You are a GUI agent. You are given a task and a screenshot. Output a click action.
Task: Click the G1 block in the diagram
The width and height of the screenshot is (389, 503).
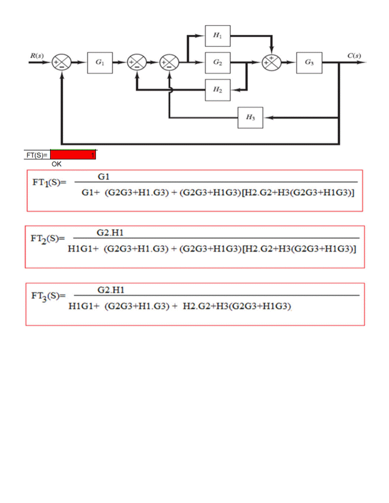[100, 62]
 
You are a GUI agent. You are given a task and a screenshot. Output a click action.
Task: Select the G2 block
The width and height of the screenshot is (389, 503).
[217, 62]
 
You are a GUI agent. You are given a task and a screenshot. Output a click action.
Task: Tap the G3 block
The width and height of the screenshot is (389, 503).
[308, 62]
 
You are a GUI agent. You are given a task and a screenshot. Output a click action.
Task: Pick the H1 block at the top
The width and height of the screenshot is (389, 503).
[217, 35]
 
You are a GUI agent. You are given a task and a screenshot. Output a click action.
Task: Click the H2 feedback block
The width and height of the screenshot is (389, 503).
[217, 90]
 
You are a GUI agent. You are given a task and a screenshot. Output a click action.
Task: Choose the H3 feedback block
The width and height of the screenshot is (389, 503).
[250, 118]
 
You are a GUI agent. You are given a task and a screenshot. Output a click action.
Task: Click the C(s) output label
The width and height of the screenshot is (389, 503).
[354, 55]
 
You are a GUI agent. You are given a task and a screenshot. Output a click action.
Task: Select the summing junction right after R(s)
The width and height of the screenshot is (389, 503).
[62, 62]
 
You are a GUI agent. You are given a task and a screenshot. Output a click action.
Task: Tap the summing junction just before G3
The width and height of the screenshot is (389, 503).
[272, 62]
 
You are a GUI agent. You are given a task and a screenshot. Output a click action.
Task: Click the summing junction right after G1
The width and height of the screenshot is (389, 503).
[136, 62]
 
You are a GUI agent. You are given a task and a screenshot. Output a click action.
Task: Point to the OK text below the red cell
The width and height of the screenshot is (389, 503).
[57, 164]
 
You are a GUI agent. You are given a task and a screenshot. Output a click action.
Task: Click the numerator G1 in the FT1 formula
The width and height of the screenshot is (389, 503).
[103, 177]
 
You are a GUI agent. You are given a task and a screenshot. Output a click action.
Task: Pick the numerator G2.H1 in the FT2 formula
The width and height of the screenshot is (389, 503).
[107, 233]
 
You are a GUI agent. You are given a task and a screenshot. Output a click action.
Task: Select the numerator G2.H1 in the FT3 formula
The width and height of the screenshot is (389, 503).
[107, 290]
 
